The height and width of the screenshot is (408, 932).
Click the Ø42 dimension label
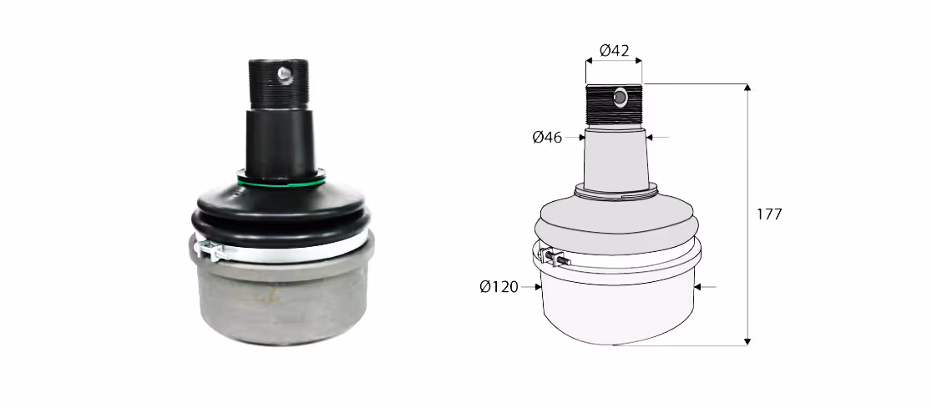point(614,51)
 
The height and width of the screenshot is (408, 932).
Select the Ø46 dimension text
point(548,138)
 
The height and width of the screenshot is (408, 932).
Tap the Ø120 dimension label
point(499,288)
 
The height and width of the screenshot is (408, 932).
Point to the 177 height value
point(769,214)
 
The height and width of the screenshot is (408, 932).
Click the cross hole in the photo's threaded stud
point(285,73)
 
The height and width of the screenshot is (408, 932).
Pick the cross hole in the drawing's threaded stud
point(620,97)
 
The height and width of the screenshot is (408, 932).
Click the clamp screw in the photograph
point(212,250)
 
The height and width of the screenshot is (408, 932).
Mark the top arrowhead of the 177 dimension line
point(747,88)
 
